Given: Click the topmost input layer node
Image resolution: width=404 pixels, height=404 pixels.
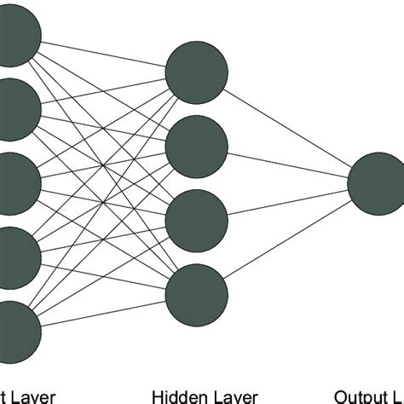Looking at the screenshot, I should click(x=17, y=36).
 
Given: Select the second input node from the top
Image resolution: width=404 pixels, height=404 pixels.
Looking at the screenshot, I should click(x=17, y=110).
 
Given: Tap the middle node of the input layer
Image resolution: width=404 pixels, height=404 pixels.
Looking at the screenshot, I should click(x=17, y=182).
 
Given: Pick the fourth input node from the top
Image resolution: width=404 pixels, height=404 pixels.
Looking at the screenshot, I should click(x=17, y=254).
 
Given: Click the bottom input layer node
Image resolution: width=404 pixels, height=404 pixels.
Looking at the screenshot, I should click(x=17, y=327).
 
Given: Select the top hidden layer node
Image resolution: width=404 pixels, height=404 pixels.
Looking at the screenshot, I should click(x=197, y=72).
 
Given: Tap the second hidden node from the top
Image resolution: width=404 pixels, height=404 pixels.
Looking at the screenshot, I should click(x=197, y=146).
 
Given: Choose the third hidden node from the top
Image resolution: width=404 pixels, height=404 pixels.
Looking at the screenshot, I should click(x=197, y=219).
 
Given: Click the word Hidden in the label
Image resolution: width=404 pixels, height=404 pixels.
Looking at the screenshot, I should click(x=173, y=395).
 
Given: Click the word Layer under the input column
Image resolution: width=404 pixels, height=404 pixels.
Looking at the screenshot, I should click(x=34, y=395).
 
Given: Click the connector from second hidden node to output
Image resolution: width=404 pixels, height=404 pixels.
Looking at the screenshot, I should click(x=287, y=164).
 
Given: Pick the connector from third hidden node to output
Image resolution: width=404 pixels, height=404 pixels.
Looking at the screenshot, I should click(x=287, y=200).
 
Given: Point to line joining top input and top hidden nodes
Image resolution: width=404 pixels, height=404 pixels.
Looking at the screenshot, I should click(x=107, y=54).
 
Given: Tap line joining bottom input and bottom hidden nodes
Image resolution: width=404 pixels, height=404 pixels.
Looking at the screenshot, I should click(x=107, y=310).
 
